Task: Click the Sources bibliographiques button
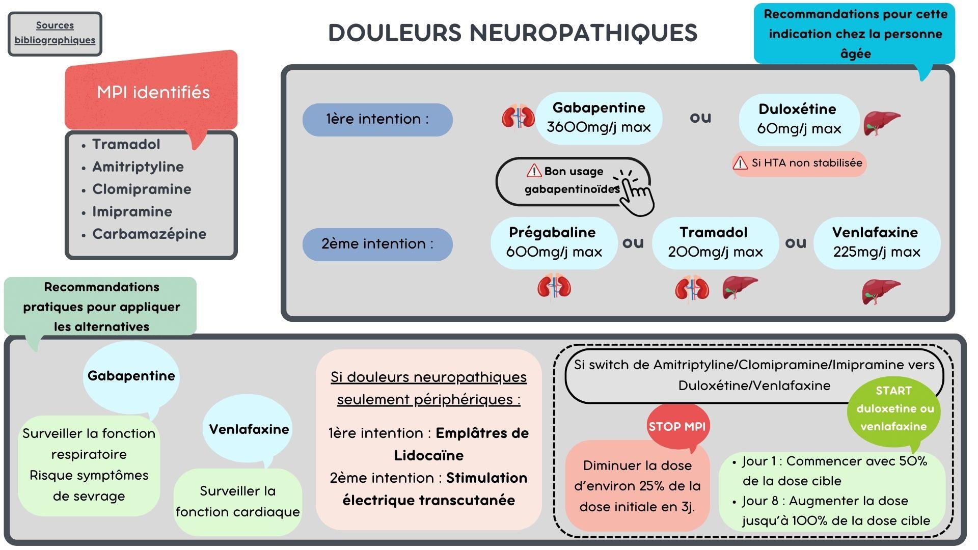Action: pyautogui.click(x=55, y=33)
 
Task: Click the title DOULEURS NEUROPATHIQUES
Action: pyautogui.click(x=512, y=33)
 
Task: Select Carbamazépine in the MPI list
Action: pyautogui.click(x=149, y=234)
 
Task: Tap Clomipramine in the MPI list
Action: pyautogui.click(x=142, y=189)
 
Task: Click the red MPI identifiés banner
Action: pyautogui.click(x=153, y=92)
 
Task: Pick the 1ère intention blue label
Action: pyautogui.click(x=377, y=120)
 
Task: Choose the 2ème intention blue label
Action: pyautogui.click(x=377, y=244)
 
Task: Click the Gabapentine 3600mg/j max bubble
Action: pyautogui.click(x=599, y=118)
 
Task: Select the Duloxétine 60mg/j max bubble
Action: pyautogui.click(x=798, y=119)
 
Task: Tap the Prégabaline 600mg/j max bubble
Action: pyautogui.click(x=554, y=242)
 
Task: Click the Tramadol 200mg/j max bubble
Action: pyautogui.click(x=715, y=242)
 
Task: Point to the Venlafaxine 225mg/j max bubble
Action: pyautogui.click(x=876, y=242)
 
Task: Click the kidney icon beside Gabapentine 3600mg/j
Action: pyautogui.click(x=518, y=117)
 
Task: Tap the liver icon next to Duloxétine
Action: pyautogui.click(x=881, y=123)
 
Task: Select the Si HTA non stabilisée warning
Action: pyautogui.click(x=799, y=163)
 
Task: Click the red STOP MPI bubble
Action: pyautogui.click(x=677, y=426)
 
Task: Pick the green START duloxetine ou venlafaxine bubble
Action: pyautogui.click(x=894, y=409)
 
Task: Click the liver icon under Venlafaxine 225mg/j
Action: pyautogui.click(x=881, y=292)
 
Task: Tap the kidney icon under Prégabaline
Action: pyautogui.click(x=554, y=286)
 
